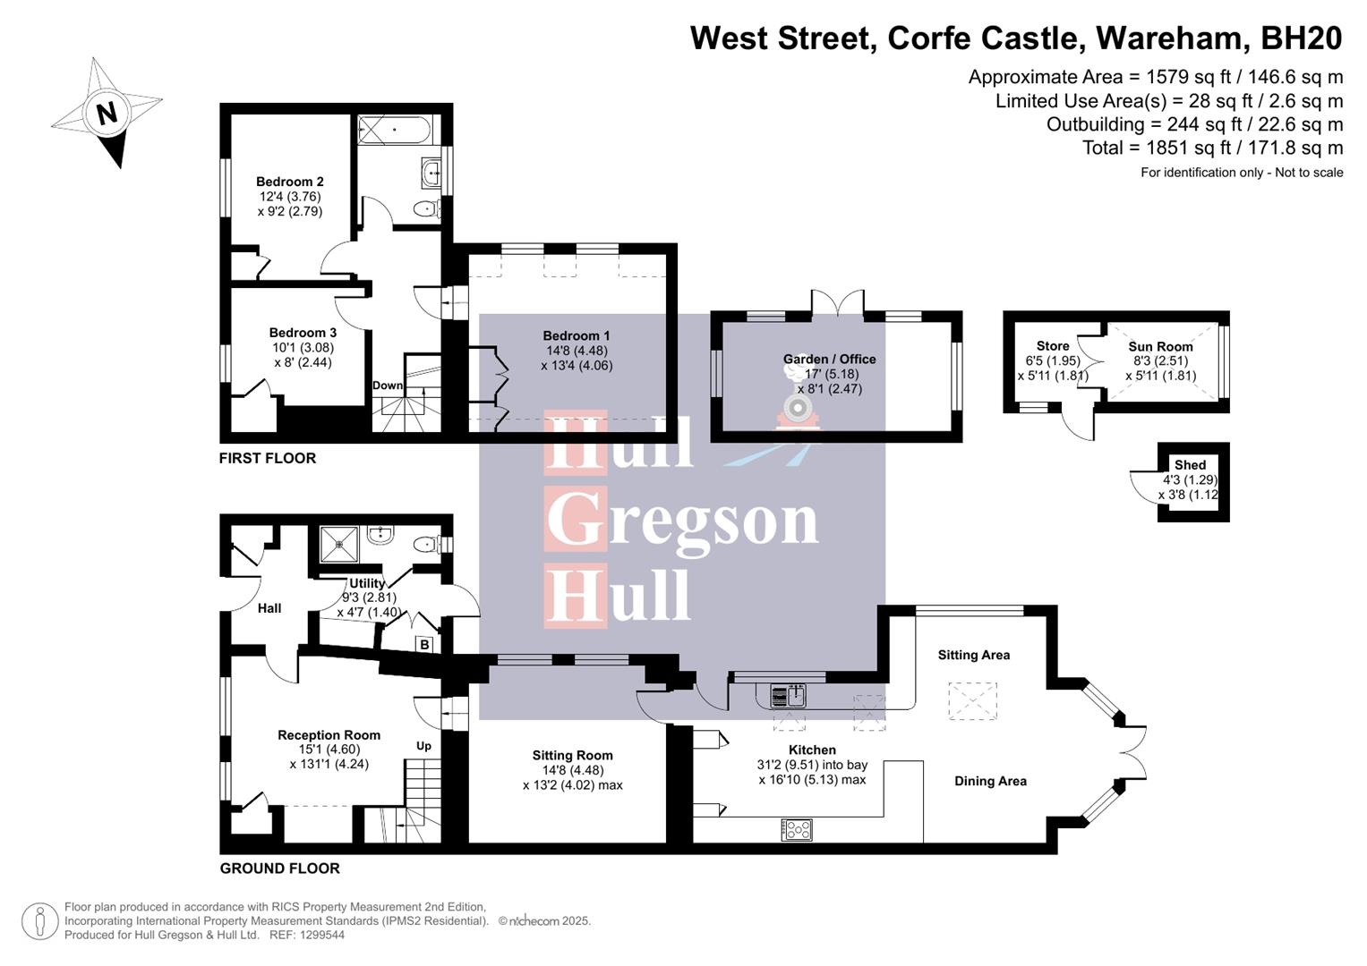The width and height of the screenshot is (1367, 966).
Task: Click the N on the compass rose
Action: tap(107, 114)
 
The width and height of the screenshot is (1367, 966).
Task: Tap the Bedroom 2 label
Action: tap(289, 182)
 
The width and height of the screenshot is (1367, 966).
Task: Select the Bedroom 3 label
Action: tap(303, 333)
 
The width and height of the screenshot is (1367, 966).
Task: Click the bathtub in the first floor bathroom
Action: tap(395, 131)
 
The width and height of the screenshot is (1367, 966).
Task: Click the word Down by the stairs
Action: tap(388, 386)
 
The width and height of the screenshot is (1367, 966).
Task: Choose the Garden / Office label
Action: tap(829, 360)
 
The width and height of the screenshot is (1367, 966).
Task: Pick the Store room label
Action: tap(1053, 346)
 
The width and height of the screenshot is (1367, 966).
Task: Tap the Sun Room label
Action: tap(1160, 347)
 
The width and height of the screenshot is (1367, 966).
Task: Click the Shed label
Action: tap(1190, 465)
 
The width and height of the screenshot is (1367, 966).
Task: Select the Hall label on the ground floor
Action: tap(269, 608)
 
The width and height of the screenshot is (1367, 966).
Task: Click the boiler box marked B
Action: tap(424, 644)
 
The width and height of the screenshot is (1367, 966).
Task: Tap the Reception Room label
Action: tap(329, 735)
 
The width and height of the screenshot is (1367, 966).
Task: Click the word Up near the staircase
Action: tap(423, 746)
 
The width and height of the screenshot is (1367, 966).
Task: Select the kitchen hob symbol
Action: tap(797, 830)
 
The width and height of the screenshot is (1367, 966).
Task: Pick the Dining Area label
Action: tap(990, 781)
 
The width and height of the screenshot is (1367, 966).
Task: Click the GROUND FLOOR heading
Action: tap(280, 869)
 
